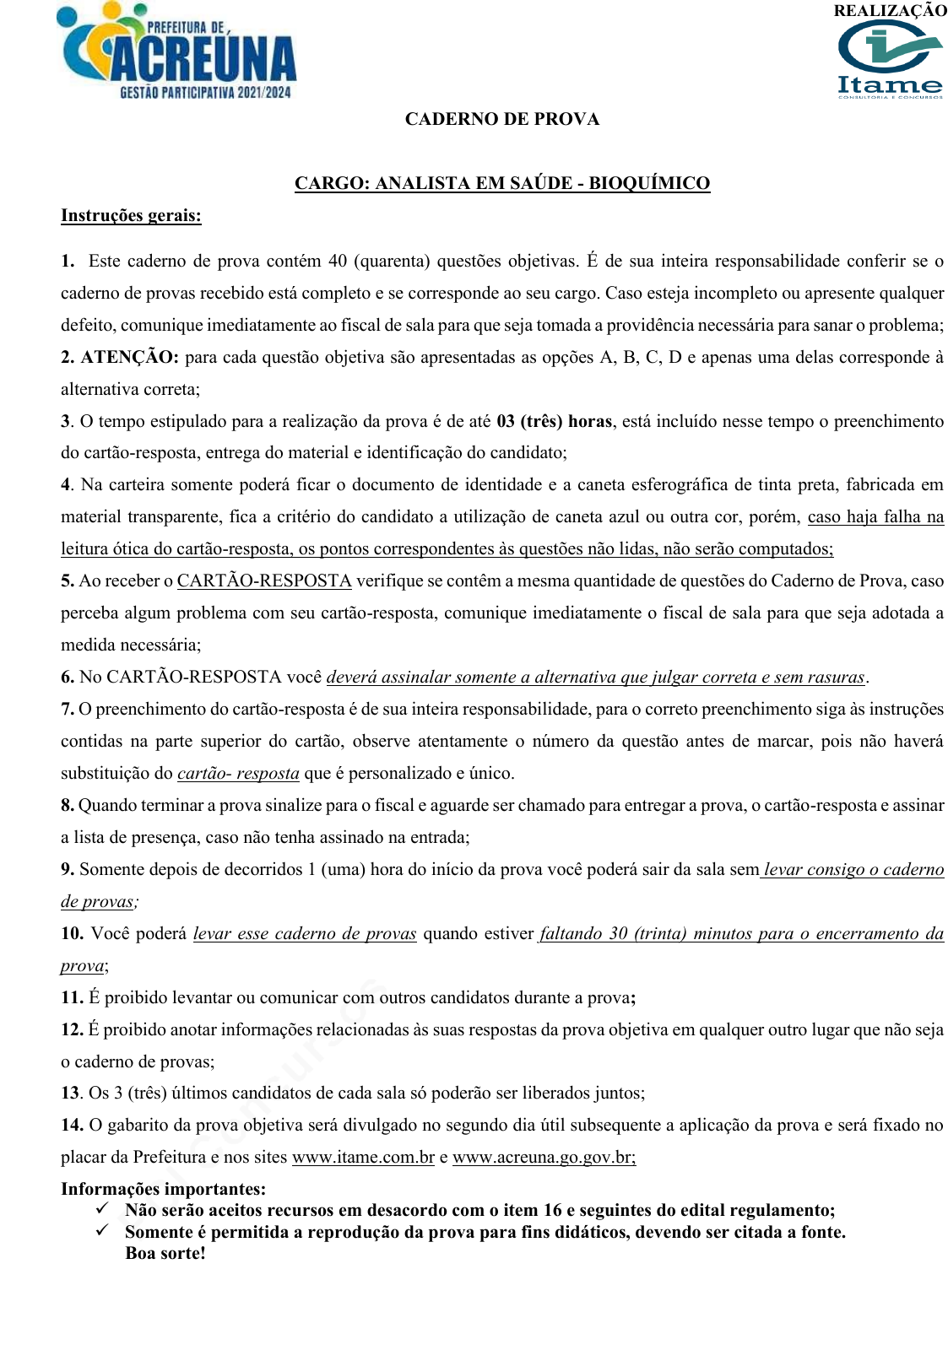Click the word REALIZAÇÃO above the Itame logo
point(890,11)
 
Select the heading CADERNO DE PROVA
point(502,119)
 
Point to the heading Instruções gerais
point(131,215)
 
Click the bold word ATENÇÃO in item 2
point(130,357)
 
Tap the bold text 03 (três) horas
point(554,421)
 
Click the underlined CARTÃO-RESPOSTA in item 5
point(264,581)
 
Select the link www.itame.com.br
point(363,1157)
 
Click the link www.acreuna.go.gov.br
point(544,1157)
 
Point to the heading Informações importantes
point(163,1189)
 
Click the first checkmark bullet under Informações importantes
point(102,1209)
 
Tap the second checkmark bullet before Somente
point(102,1231)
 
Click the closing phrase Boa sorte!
point(165,1252)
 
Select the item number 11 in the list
point(71,997)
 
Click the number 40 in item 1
point(338,261)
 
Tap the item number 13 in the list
point(70,1093)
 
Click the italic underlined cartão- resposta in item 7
point(238,773)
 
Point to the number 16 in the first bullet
point(552,1210)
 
